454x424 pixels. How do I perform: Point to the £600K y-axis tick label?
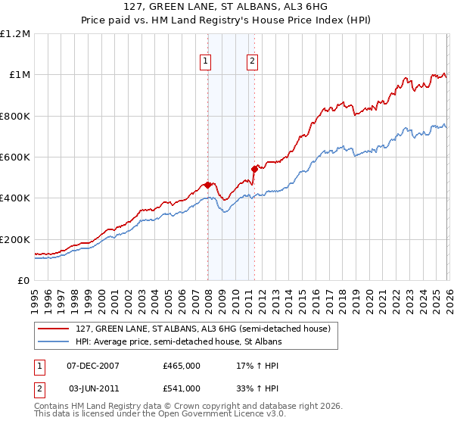point(15,157)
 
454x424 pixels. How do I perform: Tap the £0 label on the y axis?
point(23,280)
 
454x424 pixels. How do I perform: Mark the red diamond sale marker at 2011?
point(253,170)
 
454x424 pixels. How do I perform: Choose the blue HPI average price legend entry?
point(178,342)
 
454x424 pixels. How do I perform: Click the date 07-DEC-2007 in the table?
point(93,366)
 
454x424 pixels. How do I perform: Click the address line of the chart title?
point(227,8)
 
